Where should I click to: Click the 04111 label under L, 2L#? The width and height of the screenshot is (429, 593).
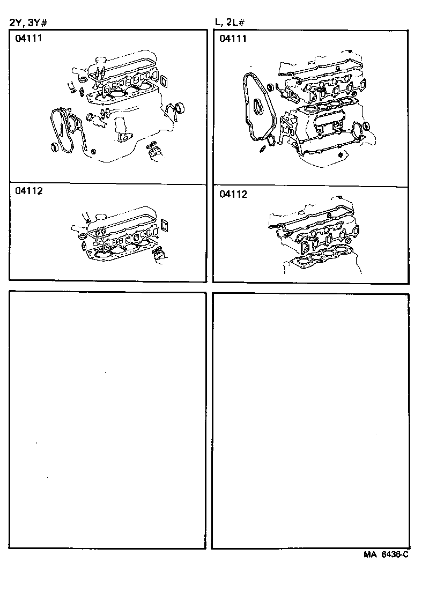pos(233,39)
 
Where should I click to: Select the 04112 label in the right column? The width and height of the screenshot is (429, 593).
pos(233,195)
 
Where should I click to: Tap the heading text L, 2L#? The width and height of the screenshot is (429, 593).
pos(231,22)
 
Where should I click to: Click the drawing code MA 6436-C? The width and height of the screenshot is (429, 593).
pos(384,555)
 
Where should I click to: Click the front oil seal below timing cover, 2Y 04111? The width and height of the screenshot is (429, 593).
pos(55,147)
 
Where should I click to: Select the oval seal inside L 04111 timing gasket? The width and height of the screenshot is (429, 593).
pos(259,107)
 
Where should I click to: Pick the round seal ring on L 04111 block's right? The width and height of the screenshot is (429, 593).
pos(366,126)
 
